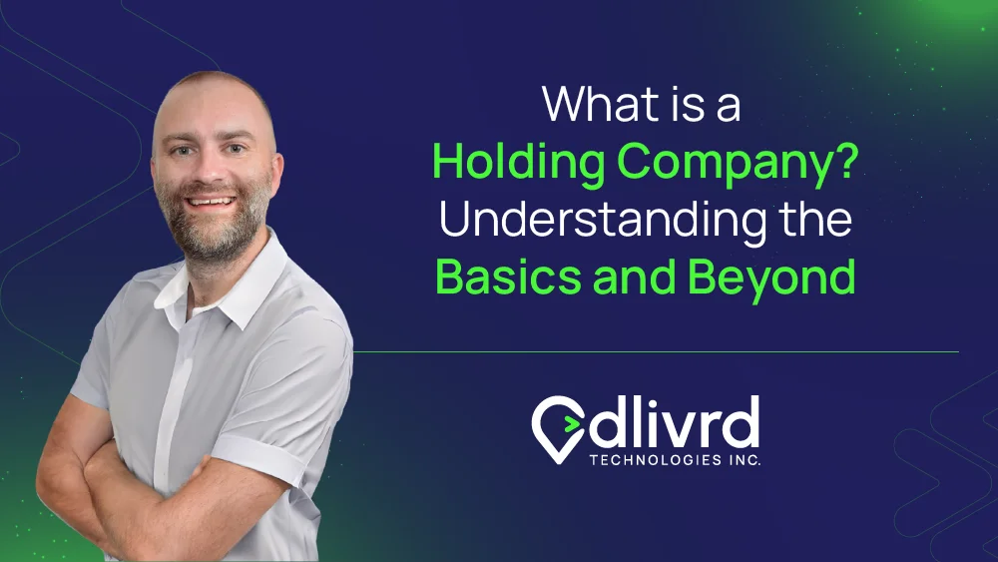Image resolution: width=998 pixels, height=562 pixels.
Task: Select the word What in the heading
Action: coord(591,104)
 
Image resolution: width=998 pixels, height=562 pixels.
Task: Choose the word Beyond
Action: coord(771,279)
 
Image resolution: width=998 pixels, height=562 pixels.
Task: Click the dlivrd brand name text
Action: coord(674,421)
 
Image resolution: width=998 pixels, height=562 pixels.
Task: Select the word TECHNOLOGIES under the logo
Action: coord(656,459)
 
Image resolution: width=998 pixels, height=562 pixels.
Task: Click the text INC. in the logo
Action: coord(746,459)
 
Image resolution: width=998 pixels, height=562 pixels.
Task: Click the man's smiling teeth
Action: coord(210,203)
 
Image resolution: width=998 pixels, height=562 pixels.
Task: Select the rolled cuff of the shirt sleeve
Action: coord(259,459)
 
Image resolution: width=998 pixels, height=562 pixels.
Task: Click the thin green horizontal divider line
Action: coord(657,351)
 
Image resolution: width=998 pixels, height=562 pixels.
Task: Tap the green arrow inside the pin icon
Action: coord(571,423)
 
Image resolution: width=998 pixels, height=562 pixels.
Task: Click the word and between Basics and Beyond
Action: coord(634,277)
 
